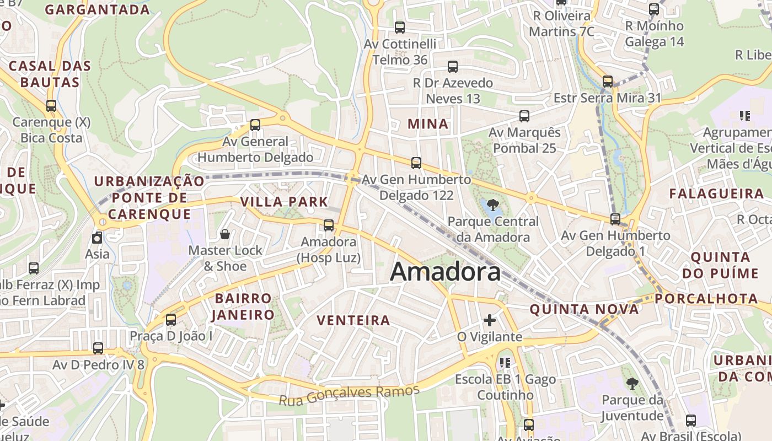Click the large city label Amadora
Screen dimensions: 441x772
(x=446, y=272)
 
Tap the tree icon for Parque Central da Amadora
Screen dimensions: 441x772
(x=493, y=206)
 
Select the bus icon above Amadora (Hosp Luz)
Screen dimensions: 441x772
(x=329, y=225)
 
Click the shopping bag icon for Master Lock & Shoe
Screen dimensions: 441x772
(x=225, y=235)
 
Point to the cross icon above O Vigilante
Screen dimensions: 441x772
(x=490, y=320)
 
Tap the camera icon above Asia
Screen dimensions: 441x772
(x=97, y=238)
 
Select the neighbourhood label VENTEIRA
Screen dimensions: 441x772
(x=353, y=320)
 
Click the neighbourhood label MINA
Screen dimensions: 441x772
(x=428, y=124)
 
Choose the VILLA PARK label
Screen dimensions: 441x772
(x=284, y=202)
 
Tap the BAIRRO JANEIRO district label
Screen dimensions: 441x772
(x=244, y=306)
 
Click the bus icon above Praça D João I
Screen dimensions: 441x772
(x=171, y=320)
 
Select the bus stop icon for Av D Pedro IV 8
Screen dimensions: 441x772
(x=98, y=348)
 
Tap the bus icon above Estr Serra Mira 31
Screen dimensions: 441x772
(x=608, y=82)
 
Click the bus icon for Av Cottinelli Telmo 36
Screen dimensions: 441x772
(x=400, y=27)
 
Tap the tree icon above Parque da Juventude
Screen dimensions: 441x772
(x=631, y=384)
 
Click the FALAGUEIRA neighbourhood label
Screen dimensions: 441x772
(x=716, y=193)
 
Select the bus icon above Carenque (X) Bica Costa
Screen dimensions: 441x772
(x=51, y=106)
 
